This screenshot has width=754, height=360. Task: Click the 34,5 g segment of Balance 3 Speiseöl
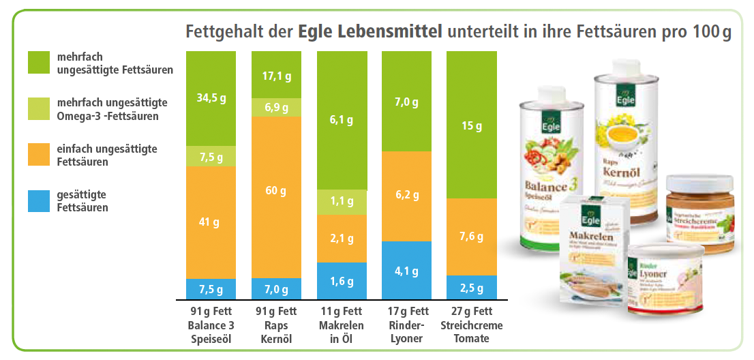(211, 97)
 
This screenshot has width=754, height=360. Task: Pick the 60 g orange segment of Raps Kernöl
(275, 191)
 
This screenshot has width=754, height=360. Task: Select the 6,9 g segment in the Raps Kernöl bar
(275, 108)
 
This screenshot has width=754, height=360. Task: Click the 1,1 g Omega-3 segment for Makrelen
(342, 201)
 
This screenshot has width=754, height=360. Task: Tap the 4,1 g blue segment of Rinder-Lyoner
(407, 270)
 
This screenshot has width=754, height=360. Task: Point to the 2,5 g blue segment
(472, 287)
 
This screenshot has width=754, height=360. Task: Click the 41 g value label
(211, 222)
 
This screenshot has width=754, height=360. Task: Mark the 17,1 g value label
(275, 76)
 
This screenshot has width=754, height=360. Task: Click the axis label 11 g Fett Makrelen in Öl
(342, 325)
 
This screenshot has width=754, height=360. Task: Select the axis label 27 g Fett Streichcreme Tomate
(472, 325)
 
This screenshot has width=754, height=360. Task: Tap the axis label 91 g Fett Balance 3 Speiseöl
(211, 325)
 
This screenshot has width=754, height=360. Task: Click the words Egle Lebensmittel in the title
(369, 31)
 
